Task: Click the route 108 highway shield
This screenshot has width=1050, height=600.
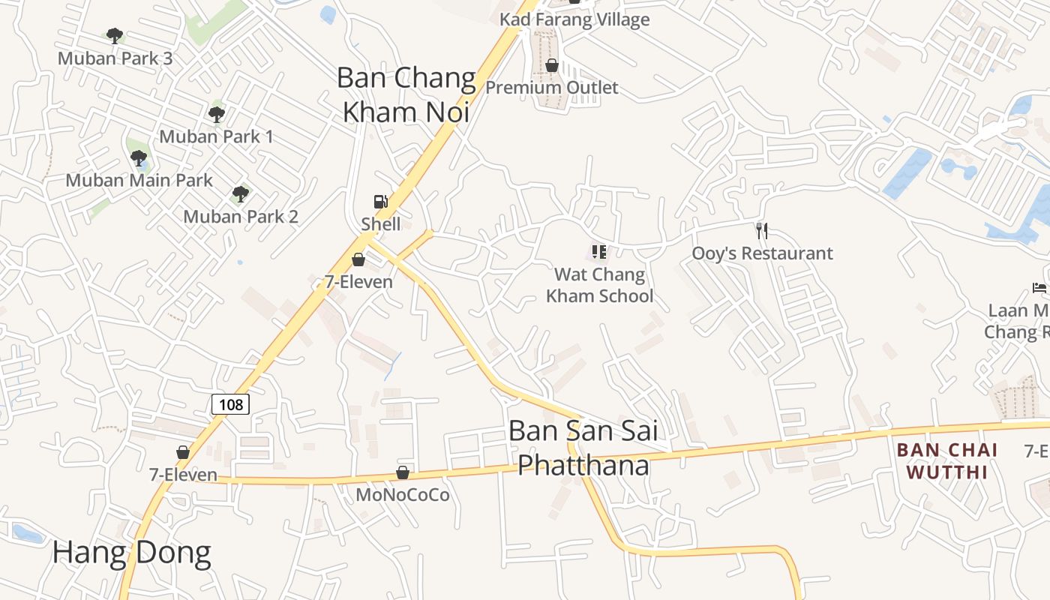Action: tap(230, 404)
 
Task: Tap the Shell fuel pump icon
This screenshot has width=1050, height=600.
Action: tap(381, 201)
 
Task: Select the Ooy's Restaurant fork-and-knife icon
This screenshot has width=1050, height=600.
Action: tap(762, 230)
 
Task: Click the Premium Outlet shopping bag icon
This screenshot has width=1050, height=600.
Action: tap(552, 65)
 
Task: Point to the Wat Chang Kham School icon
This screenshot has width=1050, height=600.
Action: tap(599, 251)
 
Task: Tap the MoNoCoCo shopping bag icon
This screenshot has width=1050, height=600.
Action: tap(403, 472)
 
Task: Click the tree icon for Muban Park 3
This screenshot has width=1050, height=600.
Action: tap(115, 35)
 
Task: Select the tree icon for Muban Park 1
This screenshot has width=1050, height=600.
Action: tap(217, 114)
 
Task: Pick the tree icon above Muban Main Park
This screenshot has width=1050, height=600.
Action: tap(139, 157)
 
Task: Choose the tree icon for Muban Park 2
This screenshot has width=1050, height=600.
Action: tap(241, 193)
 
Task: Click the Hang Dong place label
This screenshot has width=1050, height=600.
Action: tap(131, 553)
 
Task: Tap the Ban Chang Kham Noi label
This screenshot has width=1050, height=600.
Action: tap(406, 94)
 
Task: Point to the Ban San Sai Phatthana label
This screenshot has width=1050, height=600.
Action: tap(583, 448)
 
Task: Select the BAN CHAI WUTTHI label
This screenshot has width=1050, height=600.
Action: tap(947, 460)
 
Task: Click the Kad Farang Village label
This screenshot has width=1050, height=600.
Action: tap(574, 19)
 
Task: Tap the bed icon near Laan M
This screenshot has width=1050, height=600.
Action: tap(1039, 288)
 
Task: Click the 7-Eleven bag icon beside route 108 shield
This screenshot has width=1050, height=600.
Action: tap(182, 452)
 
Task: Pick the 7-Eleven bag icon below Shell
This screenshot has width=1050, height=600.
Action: tap(358, 259)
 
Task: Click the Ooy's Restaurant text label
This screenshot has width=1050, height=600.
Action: tap(762, 253)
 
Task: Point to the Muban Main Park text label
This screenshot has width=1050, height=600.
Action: tap(139, 180)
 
